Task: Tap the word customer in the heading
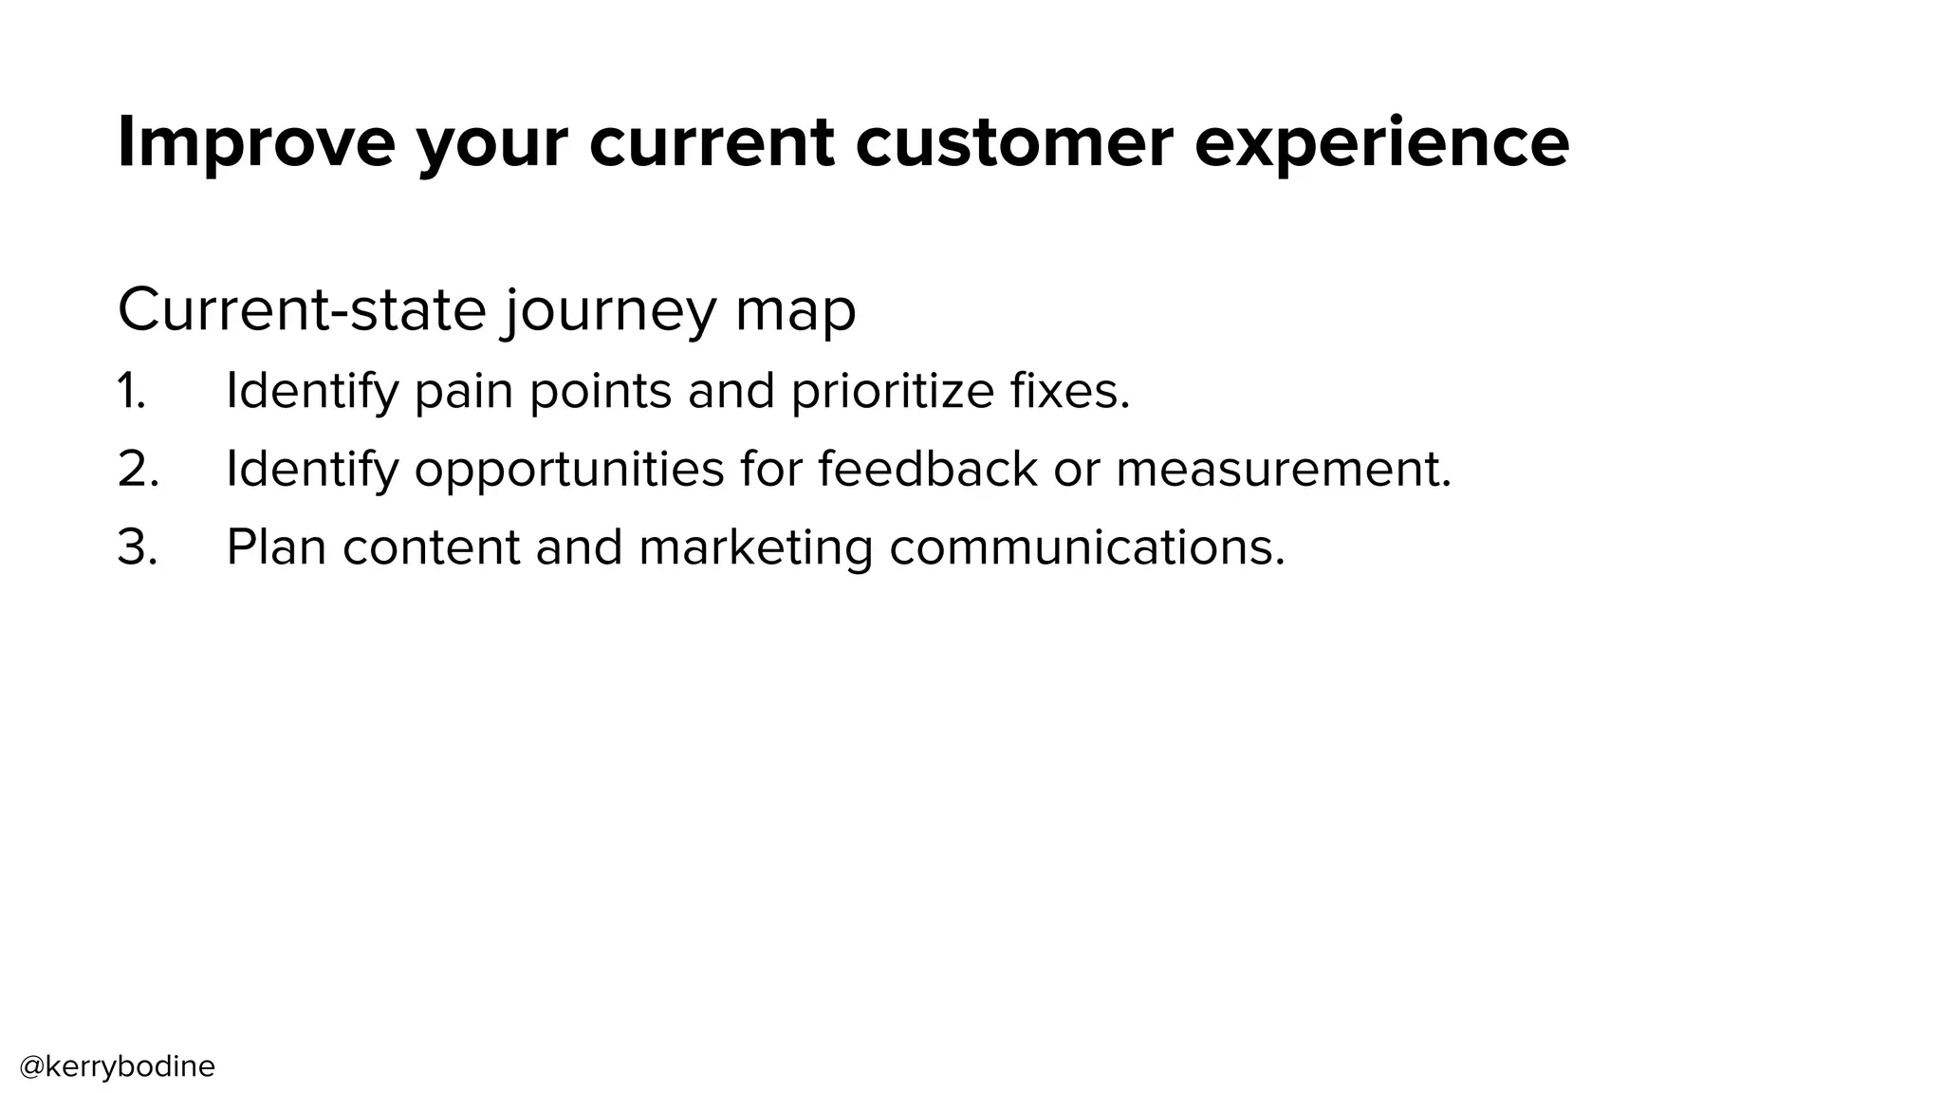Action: (1013, 142)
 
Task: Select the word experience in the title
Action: (1381, 142)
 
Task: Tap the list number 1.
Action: (132, 391)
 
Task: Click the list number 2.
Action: (138, 470)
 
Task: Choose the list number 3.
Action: (138, 548)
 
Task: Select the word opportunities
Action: (569, 470)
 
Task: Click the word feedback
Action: (927, 470)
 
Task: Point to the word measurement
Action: (1283, 470)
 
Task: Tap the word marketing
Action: (755, 548)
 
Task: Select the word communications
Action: (1086, 548)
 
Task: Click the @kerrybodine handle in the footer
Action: (118, 1066)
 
